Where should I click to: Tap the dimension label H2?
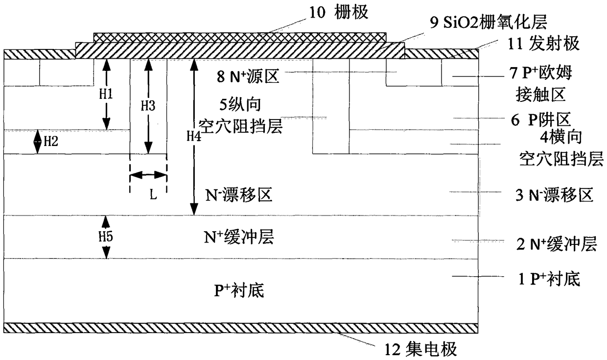[50, 142]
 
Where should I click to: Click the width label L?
[153, 195]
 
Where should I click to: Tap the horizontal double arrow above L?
[148, 174]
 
